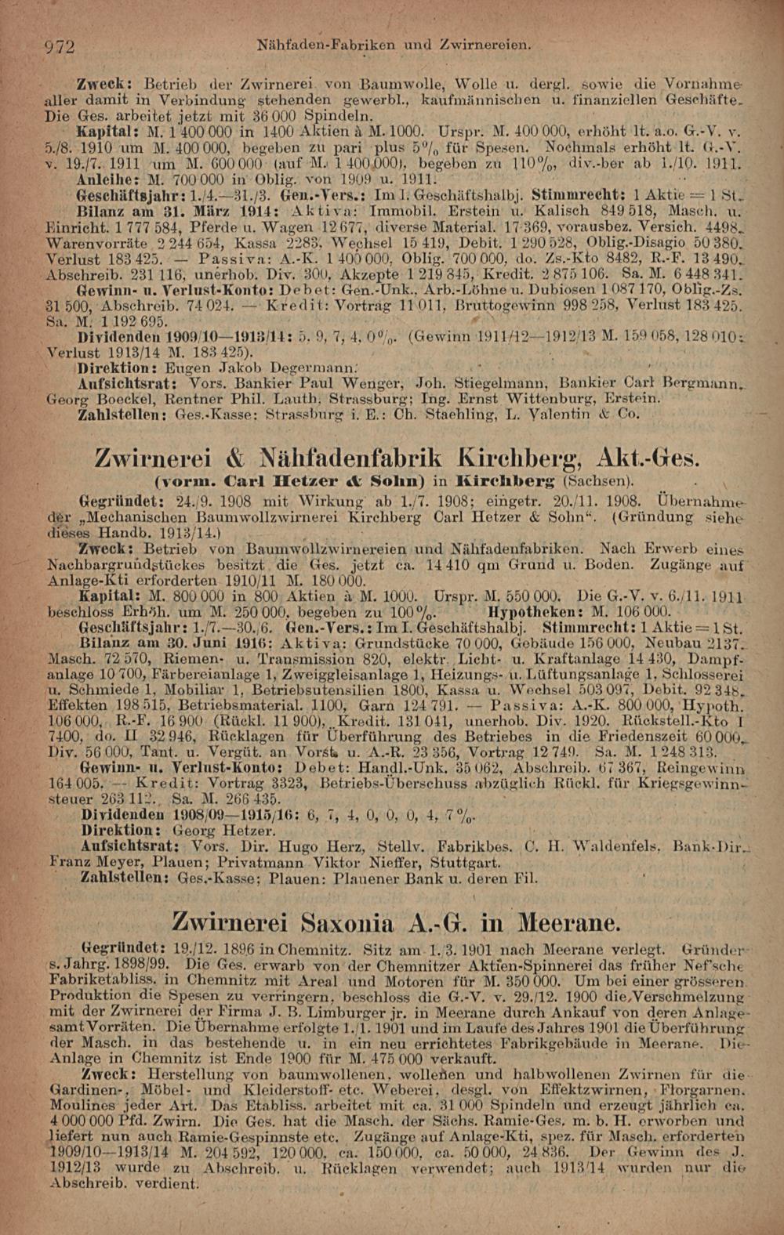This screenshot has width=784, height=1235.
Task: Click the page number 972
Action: [x=58, y=47]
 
